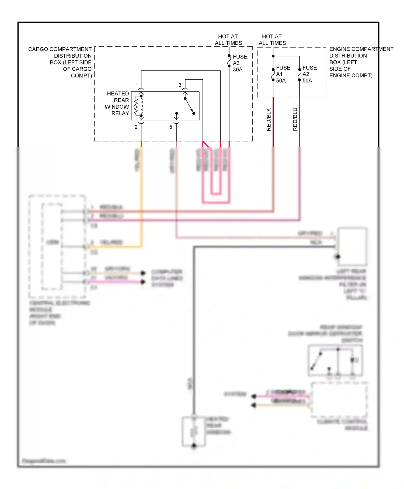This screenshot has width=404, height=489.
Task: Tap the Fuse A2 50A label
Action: click(x=309, y=74)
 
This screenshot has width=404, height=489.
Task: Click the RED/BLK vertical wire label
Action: click(x=269, y=119)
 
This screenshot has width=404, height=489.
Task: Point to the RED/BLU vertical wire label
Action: click(x=295, y=119)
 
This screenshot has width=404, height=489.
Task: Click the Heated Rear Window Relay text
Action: click(x=117, y=104)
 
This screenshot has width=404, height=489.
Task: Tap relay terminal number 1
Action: click(x=137, y=85)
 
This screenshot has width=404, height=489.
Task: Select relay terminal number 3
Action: click(x=180, y=85)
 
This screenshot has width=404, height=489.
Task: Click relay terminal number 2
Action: click(x=136, y=127)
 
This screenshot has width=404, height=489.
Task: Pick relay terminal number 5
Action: click(x=170, y=127)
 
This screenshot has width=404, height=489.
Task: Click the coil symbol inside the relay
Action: click(x=136, y=106)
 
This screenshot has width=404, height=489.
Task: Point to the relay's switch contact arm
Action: click(x=189, y=106)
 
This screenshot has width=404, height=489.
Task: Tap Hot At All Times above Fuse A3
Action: click(x=228, y=40)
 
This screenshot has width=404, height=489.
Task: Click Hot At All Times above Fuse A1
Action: click(x=272, y=40)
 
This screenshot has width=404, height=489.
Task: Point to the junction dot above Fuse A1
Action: click(x=273, y=56)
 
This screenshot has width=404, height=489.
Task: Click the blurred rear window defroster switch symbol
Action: click(x=335, y=360)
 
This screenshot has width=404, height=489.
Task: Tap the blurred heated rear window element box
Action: click(x=194, y=432)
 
